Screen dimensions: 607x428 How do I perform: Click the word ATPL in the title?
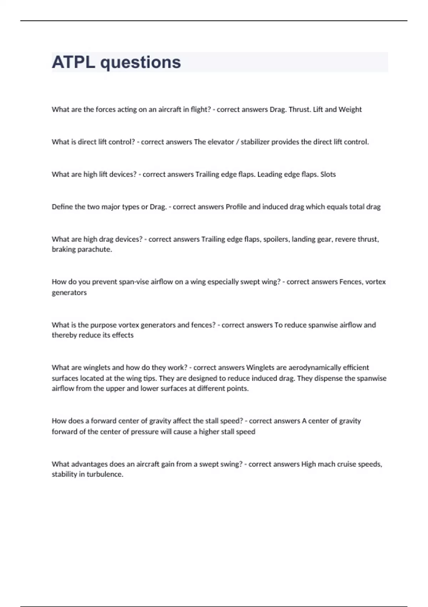(x=73, y=62)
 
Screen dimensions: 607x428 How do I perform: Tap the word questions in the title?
(x=141, y=63)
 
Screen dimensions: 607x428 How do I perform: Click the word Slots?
(x=328, y=174)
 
